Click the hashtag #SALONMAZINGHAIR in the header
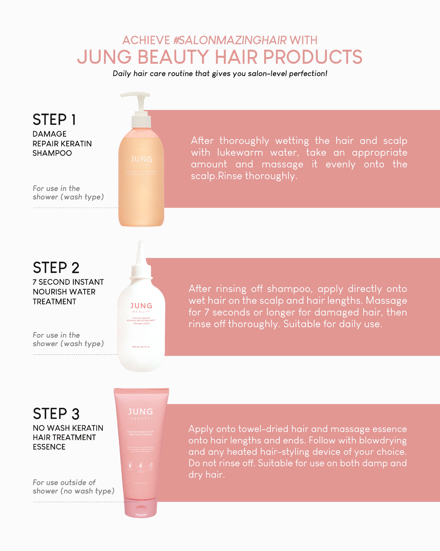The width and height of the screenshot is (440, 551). [230, 40]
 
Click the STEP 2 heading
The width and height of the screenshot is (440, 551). [56, 268]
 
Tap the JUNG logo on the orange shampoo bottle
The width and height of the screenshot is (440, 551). [142, 160]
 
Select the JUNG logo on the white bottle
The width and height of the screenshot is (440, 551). [141, 306]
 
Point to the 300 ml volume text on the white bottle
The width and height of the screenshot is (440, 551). [141, 347]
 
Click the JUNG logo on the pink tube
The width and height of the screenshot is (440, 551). [141, 412]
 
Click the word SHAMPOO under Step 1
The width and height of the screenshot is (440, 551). [52, 153]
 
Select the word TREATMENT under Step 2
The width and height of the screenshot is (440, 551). [54, 302]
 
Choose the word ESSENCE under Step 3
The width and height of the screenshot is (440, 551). [49, 447]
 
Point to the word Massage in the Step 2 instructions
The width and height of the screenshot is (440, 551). [386, 301]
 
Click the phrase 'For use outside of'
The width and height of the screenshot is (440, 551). [64, 482]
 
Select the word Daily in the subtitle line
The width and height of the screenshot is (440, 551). [122, 74]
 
